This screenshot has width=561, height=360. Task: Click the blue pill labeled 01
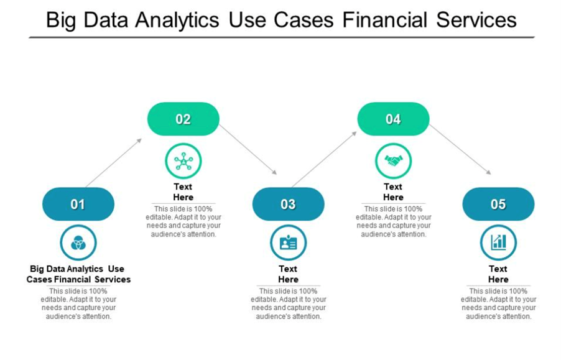78,204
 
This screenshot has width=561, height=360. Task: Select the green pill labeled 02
183,119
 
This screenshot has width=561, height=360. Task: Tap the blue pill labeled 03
288,204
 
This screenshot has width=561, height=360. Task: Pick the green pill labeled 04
393,119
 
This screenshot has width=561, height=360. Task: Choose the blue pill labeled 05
498,204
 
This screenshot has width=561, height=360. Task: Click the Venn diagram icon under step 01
78,242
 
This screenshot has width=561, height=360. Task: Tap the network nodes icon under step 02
183,161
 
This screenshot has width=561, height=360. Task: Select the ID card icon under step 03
289,242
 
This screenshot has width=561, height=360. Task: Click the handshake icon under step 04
394,161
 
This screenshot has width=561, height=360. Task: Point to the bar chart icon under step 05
499,242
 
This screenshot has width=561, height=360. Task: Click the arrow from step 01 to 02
114,162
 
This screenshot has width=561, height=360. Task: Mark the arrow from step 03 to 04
324,159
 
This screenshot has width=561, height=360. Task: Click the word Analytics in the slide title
175,20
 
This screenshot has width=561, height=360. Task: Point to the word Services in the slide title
476,20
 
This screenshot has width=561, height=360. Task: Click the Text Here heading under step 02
183,192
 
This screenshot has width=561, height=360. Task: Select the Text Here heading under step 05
498,274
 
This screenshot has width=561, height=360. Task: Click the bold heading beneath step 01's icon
78,274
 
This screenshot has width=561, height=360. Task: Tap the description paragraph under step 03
289,303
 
